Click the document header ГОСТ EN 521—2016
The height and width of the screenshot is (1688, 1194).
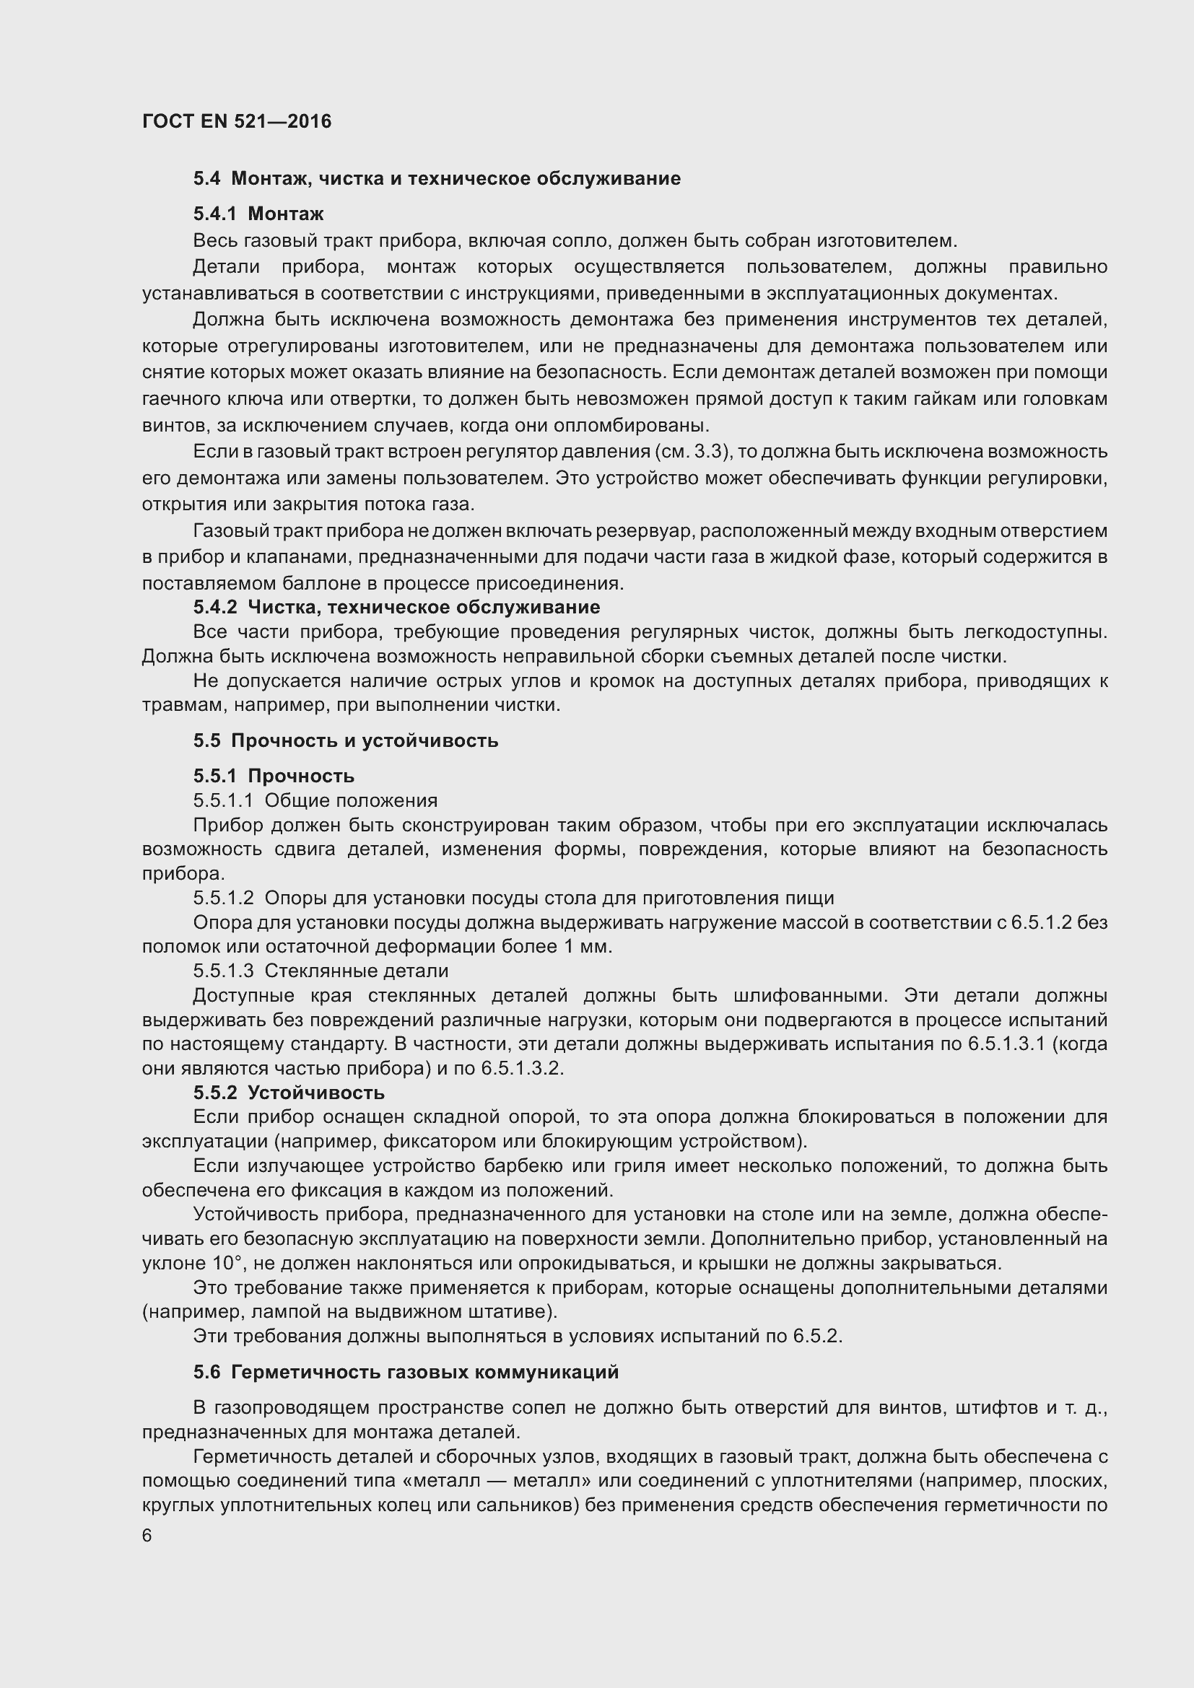[237, 121]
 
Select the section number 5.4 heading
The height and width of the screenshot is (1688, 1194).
[206, 179]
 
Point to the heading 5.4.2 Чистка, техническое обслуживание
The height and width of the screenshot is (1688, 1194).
[396, 607]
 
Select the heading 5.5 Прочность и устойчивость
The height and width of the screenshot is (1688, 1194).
[346, 741]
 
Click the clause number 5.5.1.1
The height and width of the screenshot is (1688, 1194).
[223, 800]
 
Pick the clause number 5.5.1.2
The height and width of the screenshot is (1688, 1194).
[223, 898]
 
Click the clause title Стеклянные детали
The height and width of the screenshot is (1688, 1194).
[356, 971]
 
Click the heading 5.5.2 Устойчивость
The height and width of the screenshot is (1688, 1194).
[289, 1093]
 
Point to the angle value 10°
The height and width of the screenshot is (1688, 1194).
[227, 1264]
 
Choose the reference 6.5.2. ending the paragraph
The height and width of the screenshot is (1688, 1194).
[817, 1337]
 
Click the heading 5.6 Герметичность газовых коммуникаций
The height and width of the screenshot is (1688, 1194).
[406, 1373]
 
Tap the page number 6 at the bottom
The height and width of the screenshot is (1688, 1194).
[147, 1536]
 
